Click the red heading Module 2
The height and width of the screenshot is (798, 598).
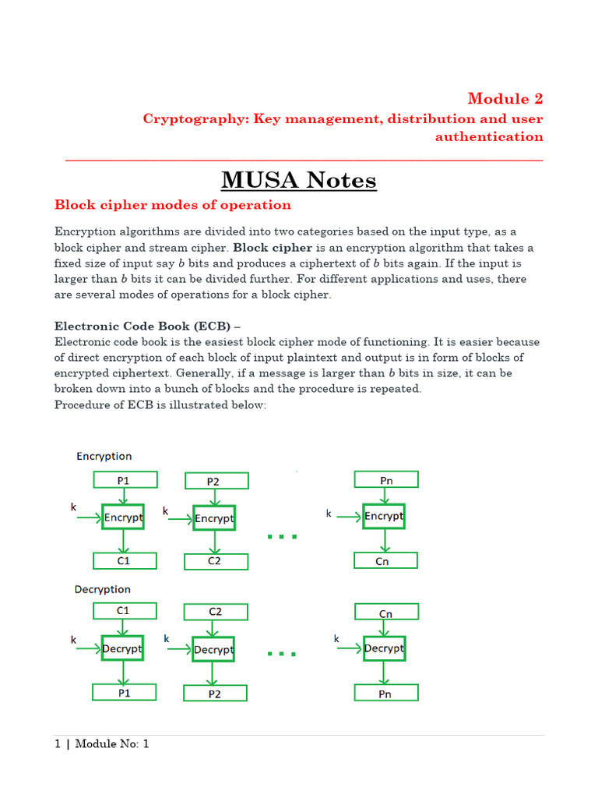[505, 98]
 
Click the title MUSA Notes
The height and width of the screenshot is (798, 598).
[299, 180]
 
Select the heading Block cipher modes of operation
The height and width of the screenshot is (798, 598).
[173, 205]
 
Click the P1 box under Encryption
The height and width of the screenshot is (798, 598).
[125, 480]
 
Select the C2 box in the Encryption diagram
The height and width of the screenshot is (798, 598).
[216, 561]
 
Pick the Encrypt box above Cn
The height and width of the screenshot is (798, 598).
[384, 516]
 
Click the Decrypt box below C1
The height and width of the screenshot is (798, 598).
[122, 648]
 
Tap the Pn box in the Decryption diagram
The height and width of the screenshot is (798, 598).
[386, 692]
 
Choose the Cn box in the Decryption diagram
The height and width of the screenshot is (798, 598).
[386, 613]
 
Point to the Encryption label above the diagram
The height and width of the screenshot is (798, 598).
[104, 456]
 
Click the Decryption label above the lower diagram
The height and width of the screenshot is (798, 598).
[102, 589]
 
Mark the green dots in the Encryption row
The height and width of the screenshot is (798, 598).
[282, 537]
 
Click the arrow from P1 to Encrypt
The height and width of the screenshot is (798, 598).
[124, 496]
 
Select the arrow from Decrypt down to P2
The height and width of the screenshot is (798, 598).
[214, 673]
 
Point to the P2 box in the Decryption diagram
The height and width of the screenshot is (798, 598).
[216, 693]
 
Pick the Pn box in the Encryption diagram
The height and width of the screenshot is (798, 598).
[386, 480]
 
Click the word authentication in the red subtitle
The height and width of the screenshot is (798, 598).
[489, 136]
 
